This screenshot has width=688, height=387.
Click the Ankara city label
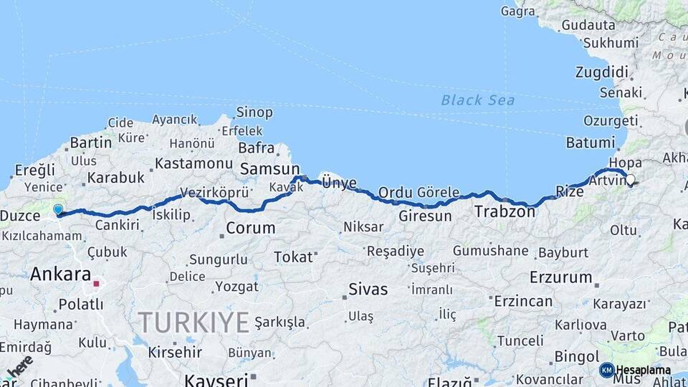pos(60,274)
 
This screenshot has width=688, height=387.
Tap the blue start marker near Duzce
pos(58,210)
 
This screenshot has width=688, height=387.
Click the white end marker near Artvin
pos(631,181)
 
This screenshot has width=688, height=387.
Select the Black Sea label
pos(477,100)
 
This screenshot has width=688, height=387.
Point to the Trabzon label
pos(505,211)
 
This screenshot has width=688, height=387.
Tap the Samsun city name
pos(269,168)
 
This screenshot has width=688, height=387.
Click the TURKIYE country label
pos(193,322)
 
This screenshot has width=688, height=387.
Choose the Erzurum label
pos(560,277)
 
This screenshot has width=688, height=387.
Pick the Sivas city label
pos(368,290)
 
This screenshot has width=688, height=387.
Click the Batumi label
pos(590,143)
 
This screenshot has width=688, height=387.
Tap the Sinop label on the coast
pos(254,113)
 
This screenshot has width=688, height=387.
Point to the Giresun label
pos(425,215)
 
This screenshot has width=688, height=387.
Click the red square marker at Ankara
pos(96,284)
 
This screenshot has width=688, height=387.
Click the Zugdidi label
pos(601,72)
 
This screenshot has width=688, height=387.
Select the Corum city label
pos(250,229)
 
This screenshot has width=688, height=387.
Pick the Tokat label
pos(293,257)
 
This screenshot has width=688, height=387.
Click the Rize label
pos(570,191)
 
